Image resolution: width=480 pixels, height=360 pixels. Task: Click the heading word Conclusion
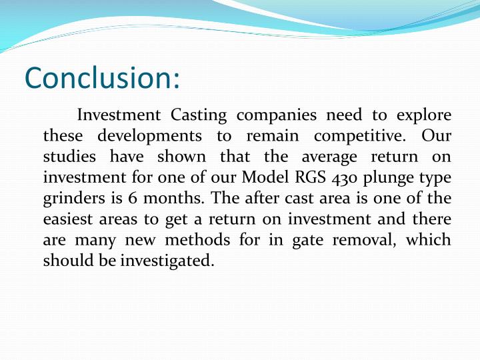point(102,78)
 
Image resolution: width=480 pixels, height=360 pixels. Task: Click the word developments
point(149,136)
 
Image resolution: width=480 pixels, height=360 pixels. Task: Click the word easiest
point(70,219)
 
